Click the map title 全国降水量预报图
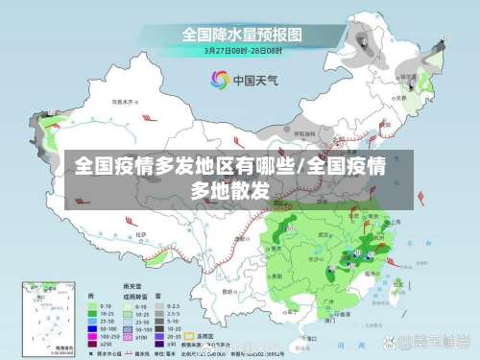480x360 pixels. point(242,35)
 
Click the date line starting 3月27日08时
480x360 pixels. point(242,51)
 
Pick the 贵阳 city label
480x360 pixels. point(278,274)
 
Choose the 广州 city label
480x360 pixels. point(331,300)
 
